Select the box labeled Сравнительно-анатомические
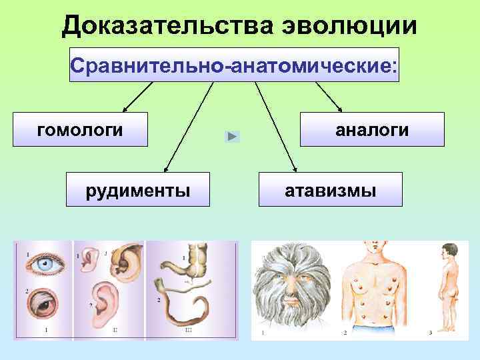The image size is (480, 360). [234, 64]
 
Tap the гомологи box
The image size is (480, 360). [81, 129]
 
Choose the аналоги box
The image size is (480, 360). [371, 129]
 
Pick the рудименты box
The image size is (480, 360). [137, 189]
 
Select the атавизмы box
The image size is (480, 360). [330, 189]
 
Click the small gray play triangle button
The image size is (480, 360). [231, 136]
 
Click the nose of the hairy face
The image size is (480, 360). [291, 293]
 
